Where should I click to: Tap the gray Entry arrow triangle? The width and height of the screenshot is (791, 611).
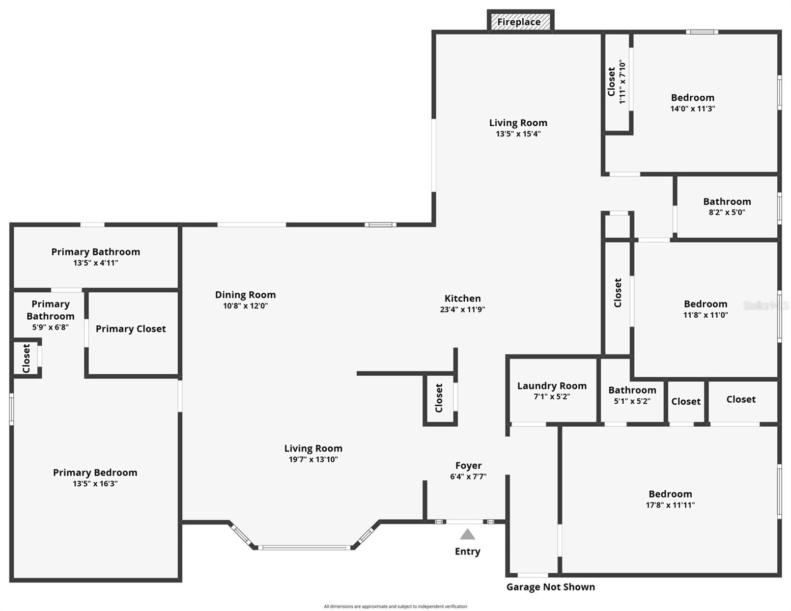467,535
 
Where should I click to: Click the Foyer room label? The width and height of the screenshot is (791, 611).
468,465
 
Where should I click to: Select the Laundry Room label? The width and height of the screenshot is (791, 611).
552,386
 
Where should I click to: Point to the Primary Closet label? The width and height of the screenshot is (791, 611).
131,329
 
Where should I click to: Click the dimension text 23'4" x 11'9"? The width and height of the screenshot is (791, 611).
462,310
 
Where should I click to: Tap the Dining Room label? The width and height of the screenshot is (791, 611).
245,295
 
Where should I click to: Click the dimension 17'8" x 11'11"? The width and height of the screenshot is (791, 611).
670,505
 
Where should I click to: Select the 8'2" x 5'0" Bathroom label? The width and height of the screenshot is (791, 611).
727,202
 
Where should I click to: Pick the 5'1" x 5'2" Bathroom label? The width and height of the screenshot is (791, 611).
632,390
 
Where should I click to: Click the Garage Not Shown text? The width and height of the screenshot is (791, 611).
550,587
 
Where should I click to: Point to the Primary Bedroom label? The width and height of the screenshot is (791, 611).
95,473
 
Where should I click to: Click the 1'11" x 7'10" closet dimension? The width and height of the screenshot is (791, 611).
622,81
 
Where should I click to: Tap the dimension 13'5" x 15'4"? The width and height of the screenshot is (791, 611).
518,134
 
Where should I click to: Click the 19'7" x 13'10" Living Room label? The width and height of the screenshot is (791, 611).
313,449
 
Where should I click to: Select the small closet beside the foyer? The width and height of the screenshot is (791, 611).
439,398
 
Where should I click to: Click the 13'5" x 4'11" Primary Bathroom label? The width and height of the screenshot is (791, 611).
96,252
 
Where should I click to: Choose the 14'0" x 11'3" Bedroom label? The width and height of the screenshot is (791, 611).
692,98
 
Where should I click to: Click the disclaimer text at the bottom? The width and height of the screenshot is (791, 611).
395,606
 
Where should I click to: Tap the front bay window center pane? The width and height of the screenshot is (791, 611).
304,548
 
